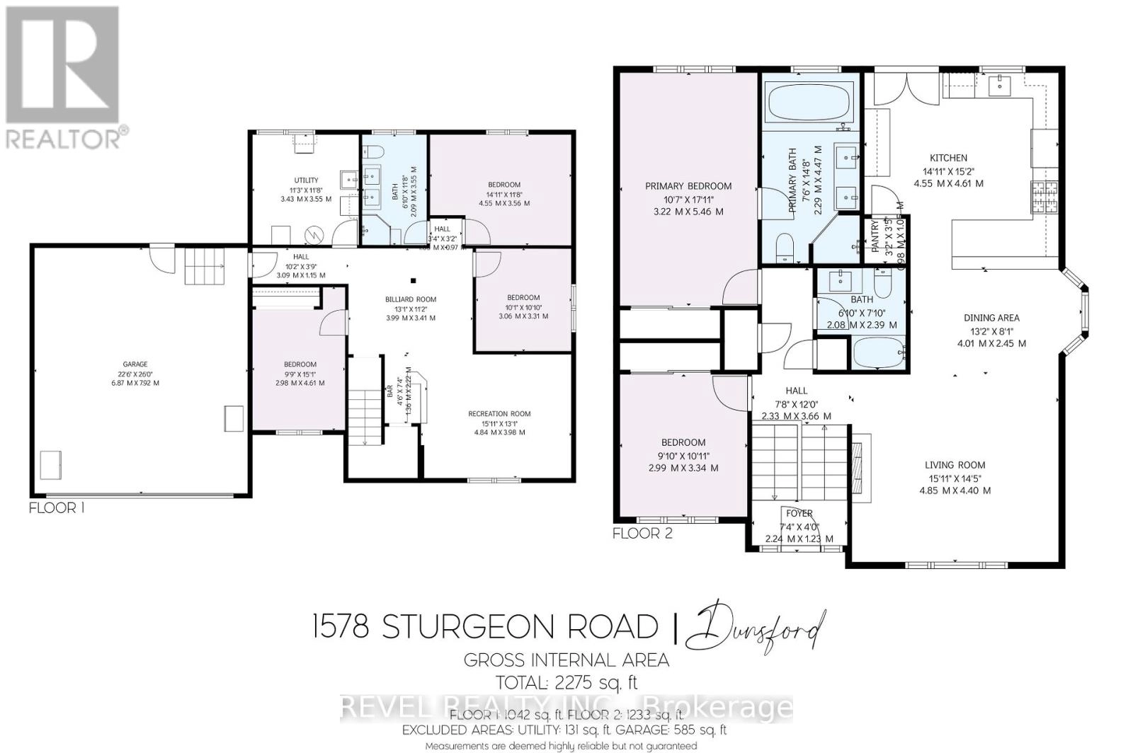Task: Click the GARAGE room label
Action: (x=135, y=364)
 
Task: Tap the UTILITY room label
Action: (x=307, y=180)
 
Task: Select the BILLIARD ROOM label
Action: (x=411, y=299)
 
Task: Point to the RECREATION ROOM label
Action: (x=499, y=414)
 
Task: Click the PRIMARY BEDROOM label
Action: (x=688, y=186)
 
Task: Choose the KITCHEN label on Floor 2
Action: (x=948, y=158)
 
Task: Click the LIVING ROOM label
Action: (x=955, y=465)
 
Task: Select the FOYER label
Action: (x=799, y=513)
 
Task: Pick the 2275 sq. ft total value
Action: (x=595, y=682)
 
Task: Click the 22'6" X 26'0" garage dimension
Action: (x=135, y=374)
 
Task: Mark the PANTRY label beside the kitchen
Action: (x=875, y=236)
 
